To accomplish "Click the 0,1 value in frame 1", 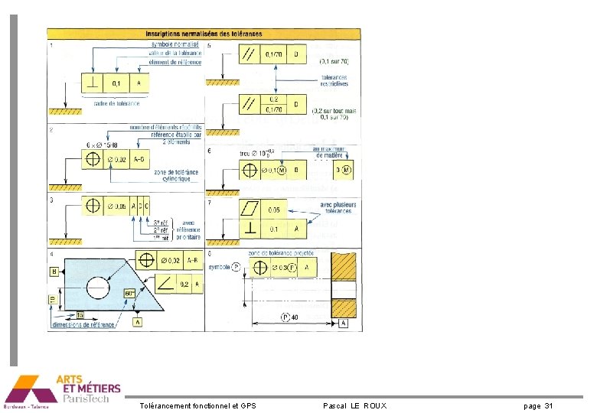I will coord(116,83).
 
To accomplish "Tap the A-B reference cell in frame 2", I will coord(142,159).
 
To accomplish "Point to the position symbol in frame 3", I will coord(94,206).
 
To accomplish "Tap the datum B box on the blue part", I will coord(54,272).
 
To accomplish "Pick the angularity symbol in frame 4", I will coord(165,285).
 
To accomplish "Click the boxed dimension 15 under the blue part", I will coord(80,315).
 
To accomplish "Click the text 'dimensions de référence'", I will coord(83,326).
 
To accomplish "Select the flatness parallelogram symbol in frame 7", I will coord(250,209).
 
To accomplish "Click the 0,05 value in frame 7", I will coord(274,209).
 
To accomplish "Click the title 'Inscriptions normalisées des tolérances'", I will coord(204,33).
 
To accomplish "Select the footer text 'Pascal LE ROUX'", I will coord(355,405).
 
